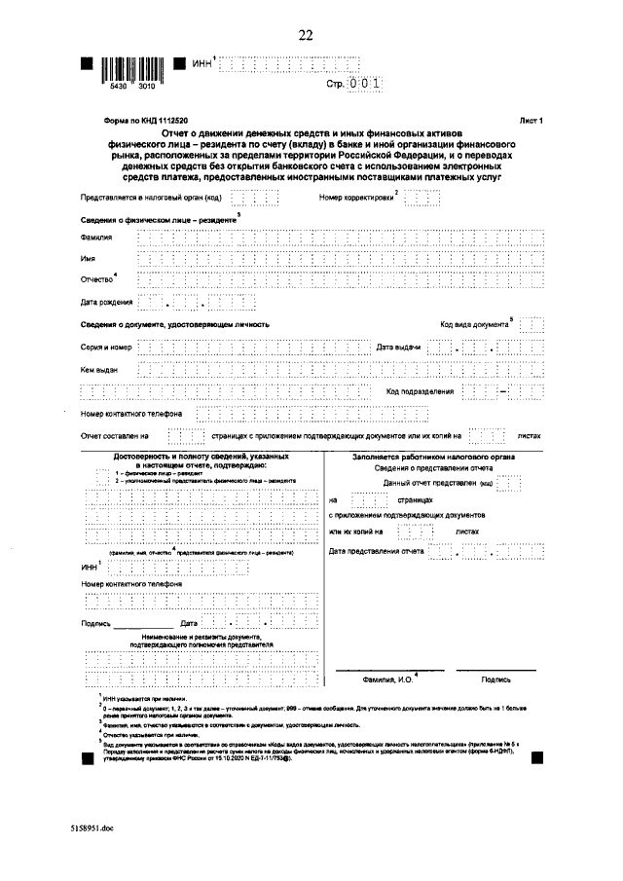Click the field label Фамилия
tap(95, 238)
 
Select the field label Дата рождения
tap(105, 301)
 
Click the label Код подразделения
tap(420, 391)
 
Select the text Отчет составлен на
tap(114, 436)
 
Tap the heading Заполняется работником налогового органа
tap(434, 457)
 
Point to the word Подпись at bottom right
tap(495, 679)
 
